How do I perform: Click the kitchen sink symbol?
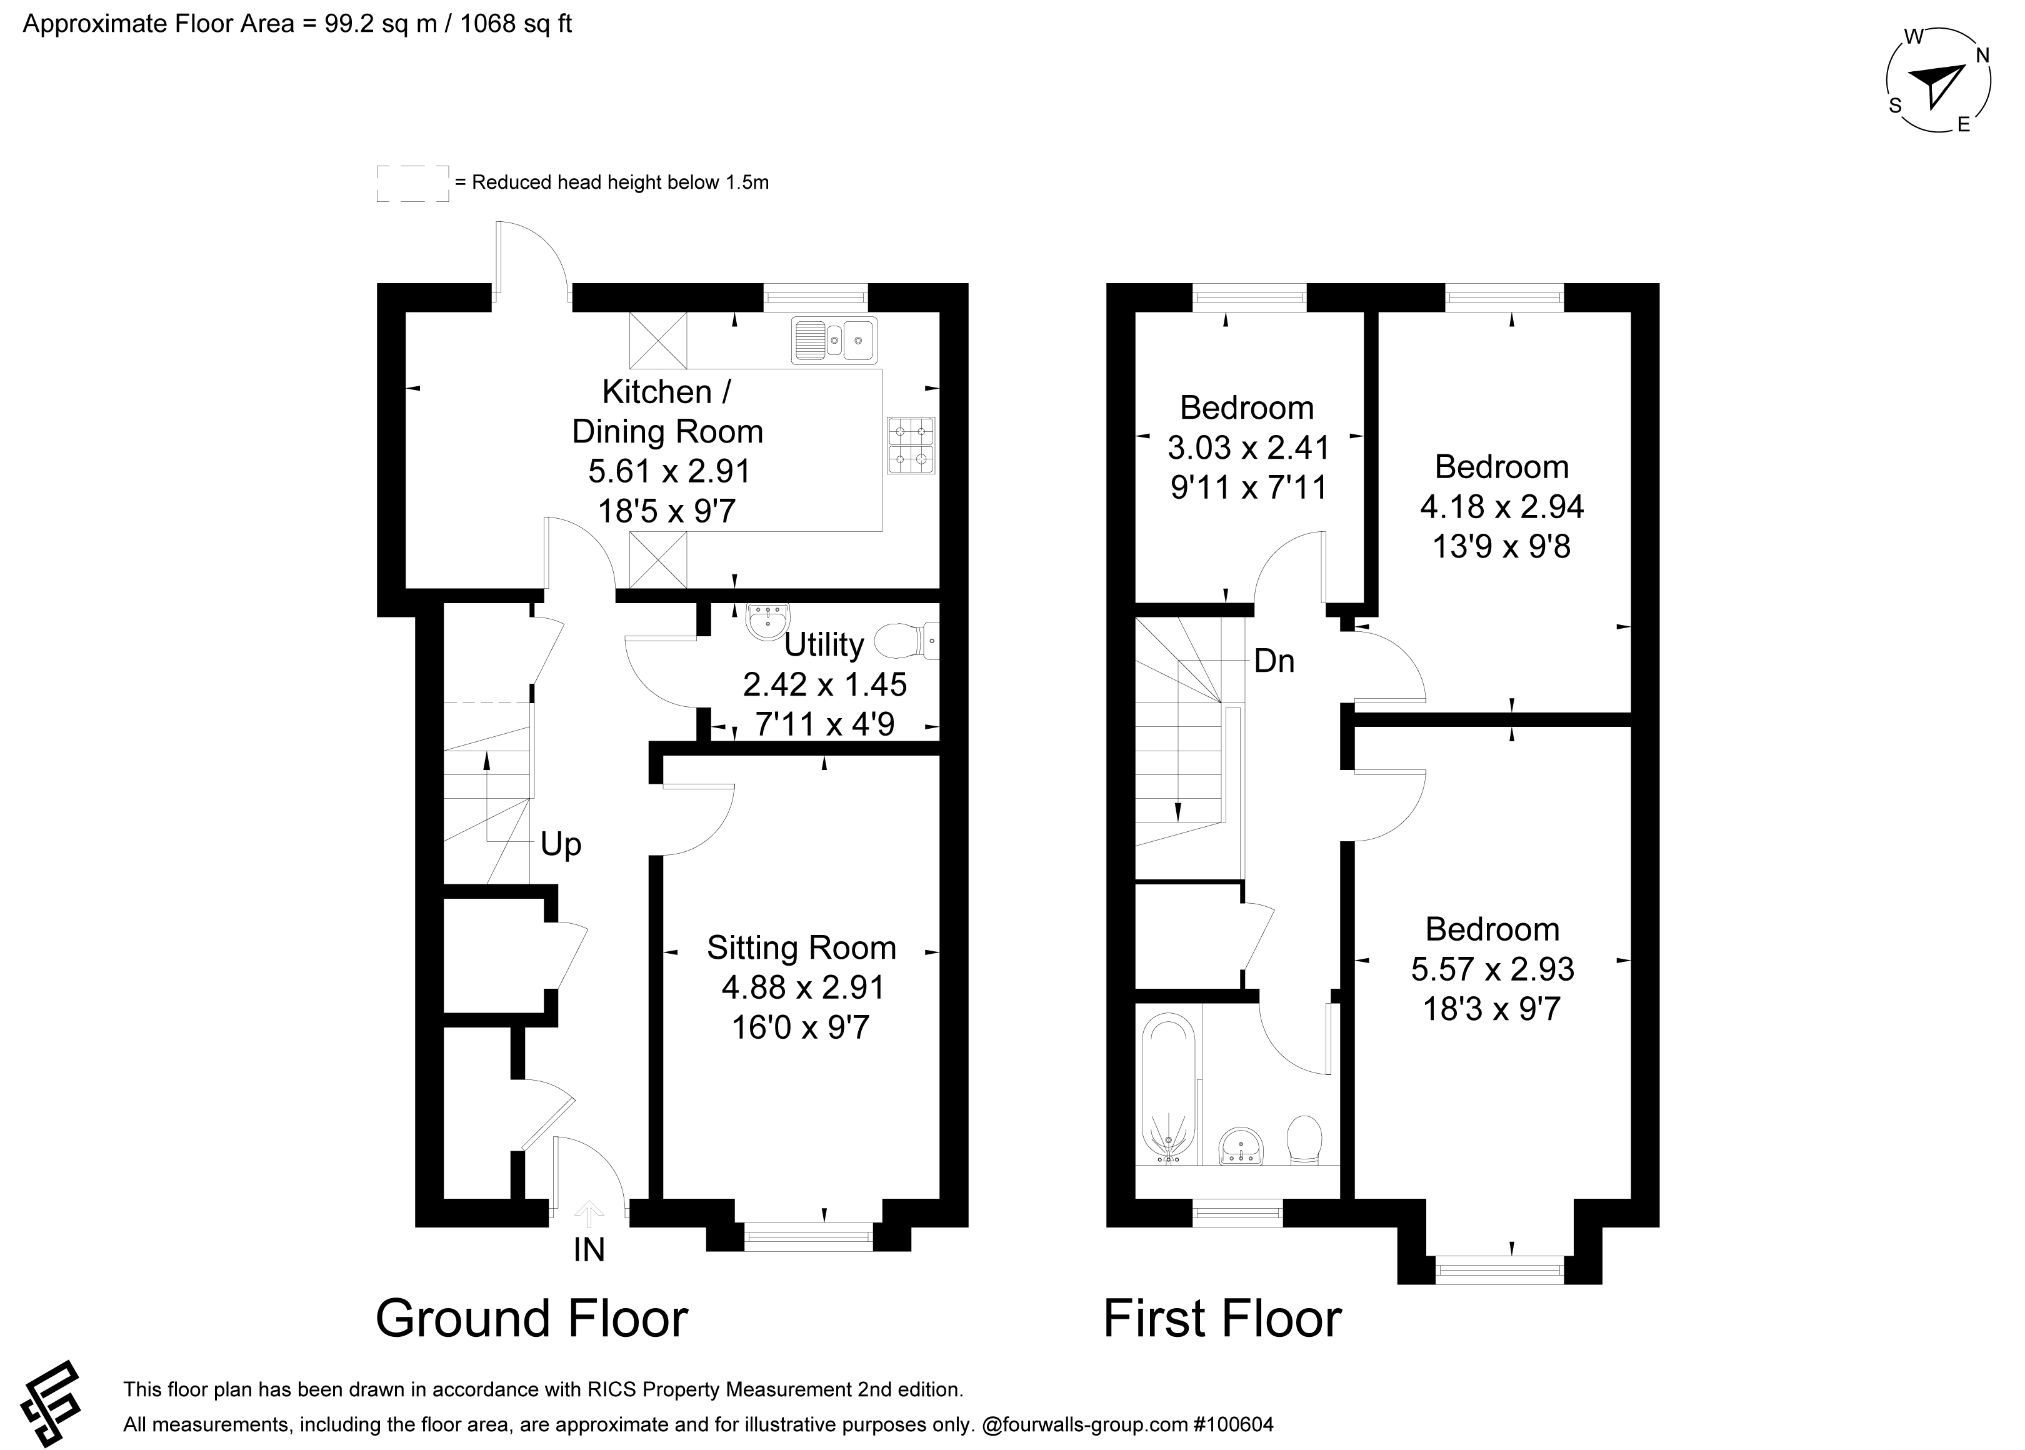tap(834, 340)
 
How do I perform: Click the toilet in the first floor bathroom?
tap(1304, 1140)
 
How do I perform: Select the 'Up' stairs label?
tap(561, 844)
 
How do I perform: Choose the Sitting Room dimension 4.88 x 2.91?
tap(802, 987)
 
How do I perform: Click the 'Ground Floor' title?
tap(531, 1319)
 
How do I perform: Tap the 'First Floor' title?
tap(1222, 1319)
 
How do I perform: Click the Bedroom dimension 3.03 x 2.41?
tap(1248, 447)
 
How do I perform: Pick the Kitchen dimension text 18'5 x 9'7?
tap(667, 512)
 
